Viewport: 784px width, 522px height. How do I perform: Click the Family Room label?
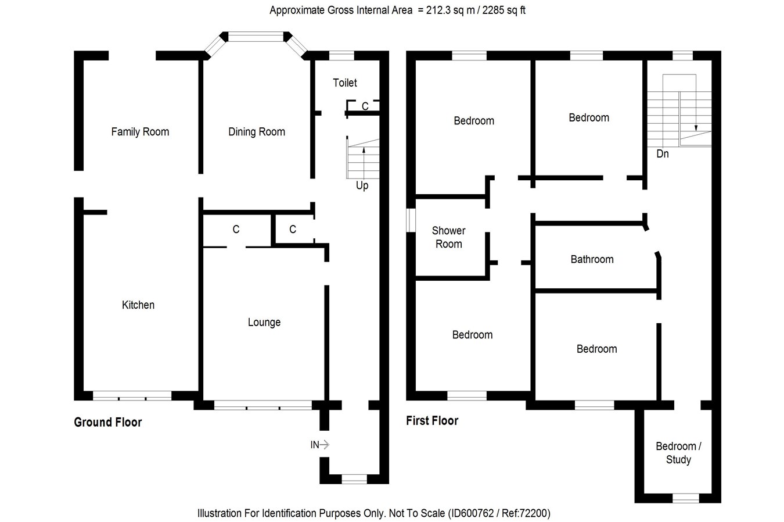click(x=140, y=132)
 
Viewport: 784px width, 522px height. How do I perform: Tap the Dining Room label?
click(x=257, y=132)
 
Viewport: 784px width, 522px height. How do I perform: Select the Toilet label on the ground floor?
click(x=345, y=83)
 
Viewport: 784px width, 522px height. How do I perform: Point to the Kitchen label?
click(x=138, y=305)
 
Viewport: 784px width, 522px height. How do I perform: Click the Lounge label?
click(x=264, y=323)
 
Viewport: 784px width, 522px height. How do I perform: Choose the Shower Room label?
click(x=449, y=238)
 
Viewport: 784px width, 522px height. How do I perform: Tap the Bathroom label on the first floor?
click(x=592, y=260)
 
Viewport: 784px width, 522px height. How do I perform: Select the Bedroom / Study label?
click(x=678, y=453)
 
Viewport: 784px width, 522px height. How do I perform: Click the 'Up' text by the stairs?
click(x=362, y=186)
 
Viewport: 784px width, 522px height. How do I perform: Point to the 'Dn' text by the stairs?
click(x=663, y=154)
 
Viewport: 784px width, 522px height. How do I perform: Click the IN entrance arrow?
click(x=320, y=445)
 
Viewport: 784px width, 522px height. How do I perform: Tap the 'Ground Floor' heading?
click(x=108, y=423)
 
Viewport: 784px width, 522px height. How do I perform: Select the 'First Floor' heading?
click(x=432, y=421)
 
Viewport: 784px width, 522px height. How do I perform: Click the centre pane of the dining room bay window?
click(x=257, y=37)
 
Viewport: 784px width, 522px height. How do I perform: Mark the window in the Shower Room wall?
click(x=411, y=221)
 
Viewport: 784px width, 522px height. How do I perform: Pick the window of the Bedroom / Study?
click(x=686, y=498)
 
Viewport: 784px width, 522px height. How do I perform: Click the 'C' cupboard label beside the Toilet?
click(x=365, y=106)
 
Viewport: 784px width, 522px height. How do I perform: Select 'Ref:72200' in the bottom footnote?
click(x=525, y=513)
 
